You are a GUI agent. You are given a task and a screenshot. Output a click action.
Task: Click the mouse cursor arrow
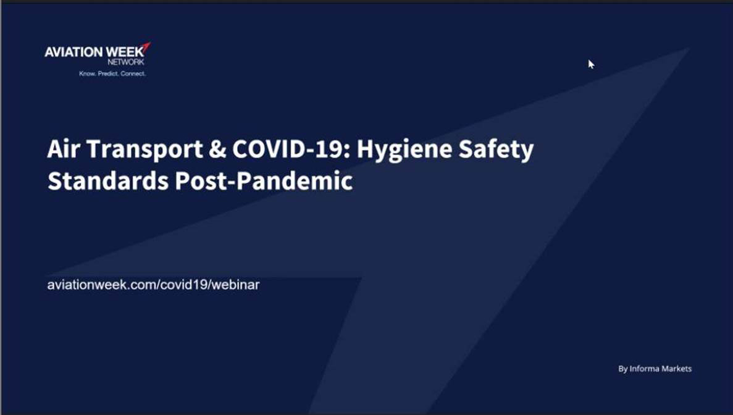591,64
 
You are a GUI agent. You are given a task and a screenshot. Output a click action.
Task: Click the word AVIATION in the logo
73,52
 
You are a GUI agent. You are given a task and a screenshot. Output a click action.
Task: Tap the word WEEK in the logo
125,51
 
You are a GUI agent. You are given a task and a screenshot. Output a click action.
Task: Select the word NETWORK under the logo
126,62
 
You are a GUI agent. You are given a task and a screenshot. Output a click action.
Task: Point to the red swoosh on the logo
146,47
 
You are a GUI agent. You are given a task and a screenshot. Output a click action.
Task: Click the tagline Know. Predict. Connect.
112,73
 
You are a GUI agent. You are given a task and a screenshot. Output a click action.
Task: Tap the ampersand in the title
217,149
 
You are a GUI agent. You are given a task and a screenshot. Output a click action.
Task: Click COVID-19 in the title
290,149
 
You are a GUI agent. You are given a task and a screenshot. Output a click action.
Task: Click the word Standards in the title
108,181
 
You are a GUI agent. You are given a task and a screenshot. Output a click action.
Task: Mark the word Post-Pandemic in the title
264,181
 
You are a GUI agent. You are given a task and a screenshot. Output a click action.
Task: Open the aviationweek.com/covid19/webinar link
153,285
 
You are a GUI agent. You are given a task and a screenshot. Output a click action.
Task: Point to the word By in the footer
622,369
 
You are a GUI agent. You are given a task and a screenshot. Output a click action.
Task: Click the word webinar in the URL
236,285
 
